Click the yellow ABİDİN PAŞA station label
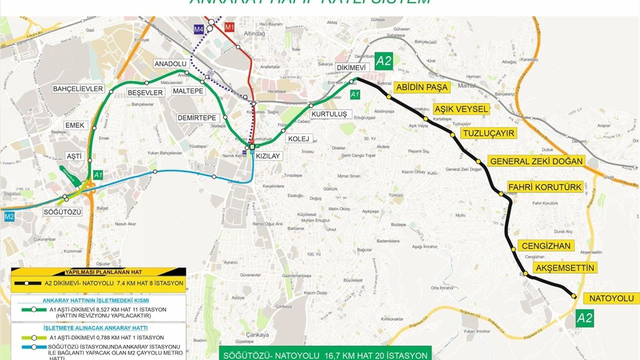coord(421,87)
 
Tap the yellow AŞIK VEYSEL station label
coord(461,109)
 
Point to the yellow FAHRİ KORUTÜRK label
coord(545,187)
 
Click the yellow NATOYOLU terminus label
coord(614,299)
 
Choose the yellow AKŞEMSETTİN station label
coord(565,268)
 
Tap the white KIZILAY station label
coord(267,156)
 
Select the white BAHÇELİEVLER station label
coord(78,89)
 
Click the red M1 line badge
coord(229,28)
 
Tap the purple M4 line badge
coord(199,29)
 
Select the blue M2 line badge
coord(9,217)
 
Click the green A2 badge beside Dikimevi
coord(384,61)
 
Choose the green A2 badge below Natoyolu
coord(585,317)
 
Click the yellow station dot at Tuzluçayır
coord(452,135)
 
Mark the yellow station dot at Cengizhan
coord(513,249)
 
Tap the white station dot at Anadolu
coord(186,73)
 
